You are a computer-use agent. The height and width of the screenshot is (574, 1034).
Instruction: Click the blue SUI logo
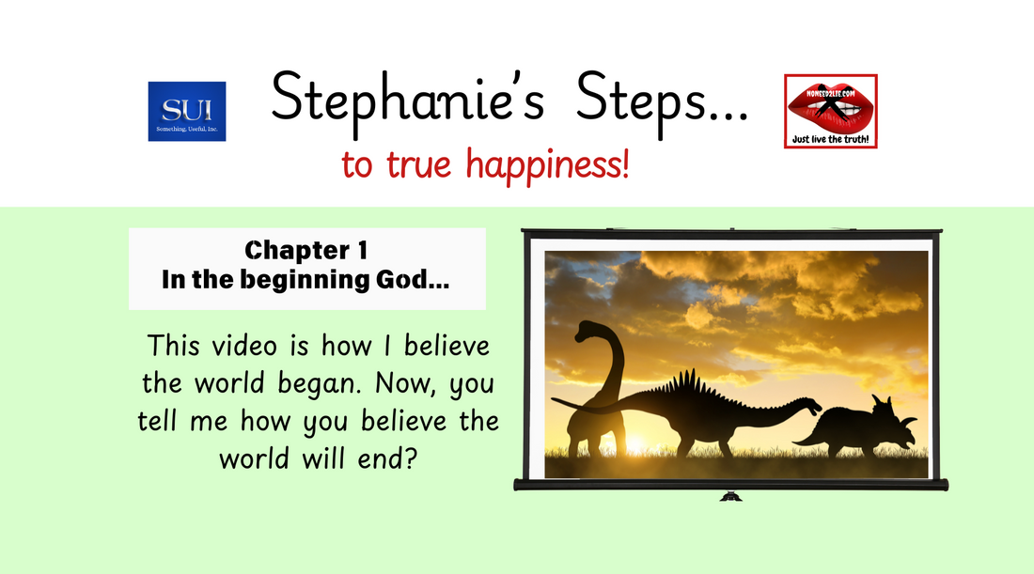click(186, 111)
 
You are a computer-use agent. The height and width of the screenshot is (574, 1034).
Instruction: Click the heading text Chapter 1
click(305, 251)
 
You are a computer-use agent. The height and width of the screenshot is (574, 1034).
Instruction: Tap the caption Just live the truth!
click(830, 139)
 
